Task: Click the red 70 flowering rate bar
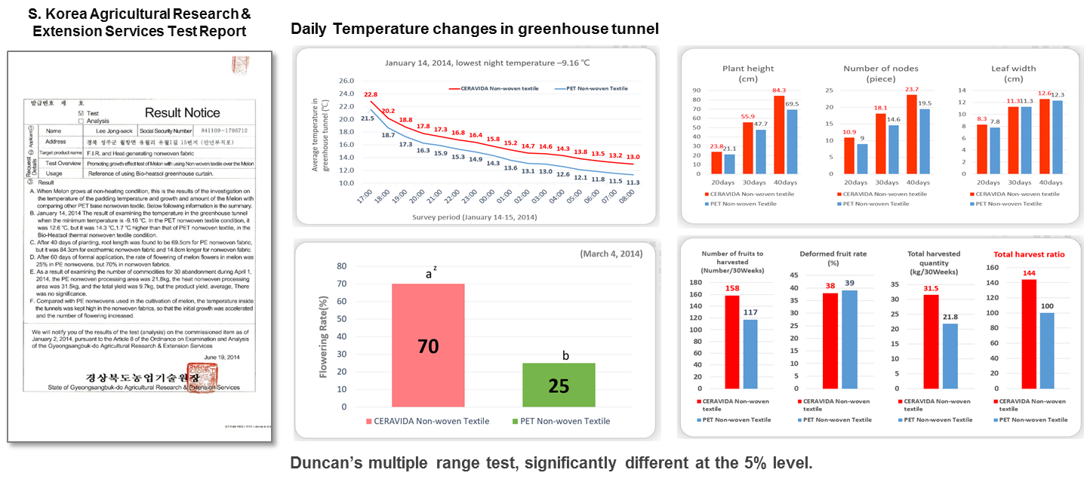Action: click(429, 345)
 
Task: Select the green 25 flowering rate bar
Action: click(559, 385)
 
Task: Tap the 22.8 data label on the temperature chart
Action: click(371, 95)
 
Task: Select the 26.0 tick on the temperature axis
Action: click(346, 81)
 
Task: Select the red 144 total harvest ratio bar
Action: click(1028, 333)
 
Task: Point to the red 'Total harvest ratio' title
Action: click(1029, 255)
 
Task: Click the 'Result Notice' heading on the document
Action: click(182, 113)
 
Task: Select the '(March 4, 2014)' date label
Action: click(611, 253)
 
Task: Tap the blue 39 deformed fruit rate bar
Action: click(828, 338)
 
